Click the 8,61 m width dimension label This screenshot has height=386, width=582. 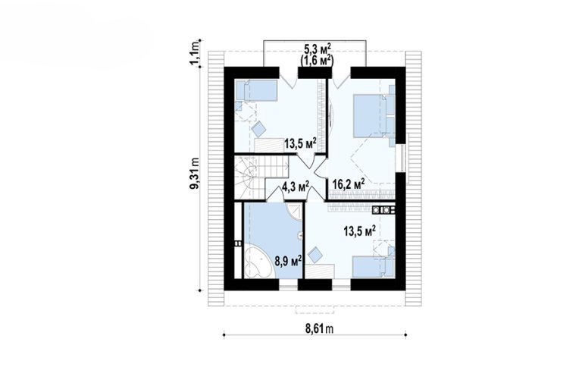[315, 328]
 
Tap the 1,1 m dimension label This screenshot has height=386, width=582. [195, 53]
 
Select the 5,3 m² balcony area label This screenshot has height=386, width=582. [318, 49]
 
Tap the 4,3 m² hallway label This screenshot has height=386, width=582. [295, 186]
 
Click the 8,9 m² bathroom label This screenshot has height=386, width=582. [288, 260]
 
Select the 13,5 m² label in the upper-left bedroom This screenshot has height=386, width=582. [300, 143]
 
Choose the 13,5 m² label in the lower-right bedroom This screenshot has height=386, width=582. [359, 231]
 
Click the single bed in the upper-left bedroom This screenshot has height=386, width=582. [256, 90]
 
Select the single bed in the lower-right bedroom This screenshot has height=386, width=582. [373, 267]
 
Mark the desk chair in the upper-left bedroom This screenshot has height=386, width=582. [258, 129]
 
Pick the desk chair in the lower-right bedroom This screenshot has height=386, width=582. [316, 255]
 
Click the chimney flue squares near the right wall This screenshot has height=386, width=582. [383, 210]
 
